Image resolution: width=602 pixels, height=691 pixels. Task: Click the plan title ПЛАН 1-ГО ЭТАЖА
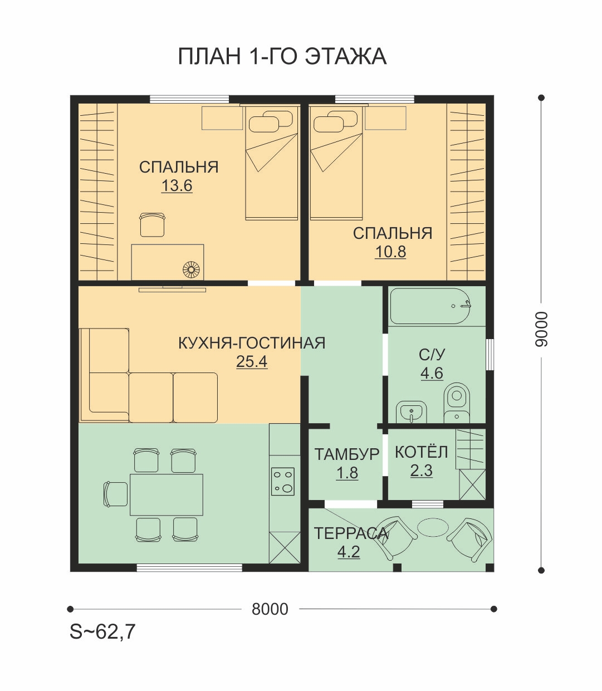tap(282, 56)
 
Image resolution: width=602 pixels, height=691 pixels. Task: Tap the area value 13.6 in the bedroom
tap(177, 185)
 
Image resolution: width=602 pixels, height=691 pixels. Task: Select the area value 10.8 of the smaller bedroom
tap(390, 252)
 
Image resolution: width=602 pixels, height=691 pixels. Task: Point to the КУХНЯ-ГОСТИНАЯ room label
tap(252, 343)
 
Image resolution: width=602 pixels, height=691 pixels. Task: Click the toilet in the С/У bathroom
tap(457, 402)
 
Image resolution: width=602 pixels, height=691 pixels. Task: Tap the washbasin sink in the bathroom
tap(411, 411)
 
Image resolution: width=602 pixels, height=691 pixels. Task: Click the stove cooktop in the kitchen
tap(283, 481)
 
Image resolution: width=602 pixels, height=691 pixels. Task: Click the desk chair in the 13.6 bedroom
tap(153, 224)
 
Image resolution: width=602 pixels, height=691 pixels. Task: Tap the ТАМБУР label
tap(347, 454)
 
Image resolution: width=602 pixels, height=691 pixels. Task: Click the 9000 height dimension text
tap(541, 329)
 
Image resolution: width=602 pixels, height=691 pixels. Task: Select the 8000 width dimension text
tap(270, 609)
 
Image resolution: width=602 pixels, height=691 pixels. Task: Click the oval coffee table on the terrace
tap(433, 526)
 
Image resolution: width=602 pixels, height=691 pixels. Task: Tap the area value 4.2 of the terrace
tap(349, 552)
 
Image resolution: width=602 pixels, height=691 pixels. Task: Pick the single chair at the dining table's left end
tap(115, 494)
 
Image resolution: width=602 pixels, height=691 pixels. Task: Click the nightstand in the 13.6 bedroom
tap(222, 118)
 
